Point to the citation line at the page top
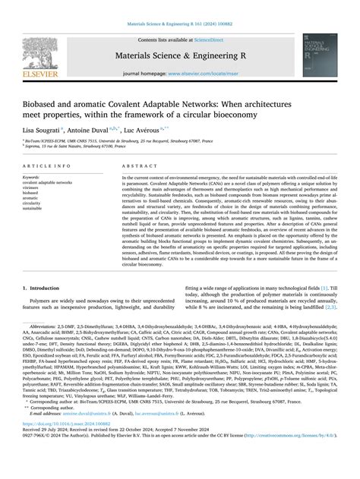179,9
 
